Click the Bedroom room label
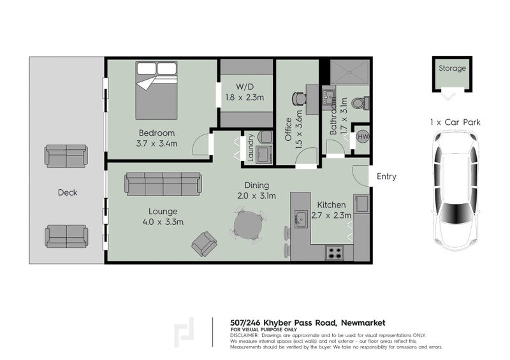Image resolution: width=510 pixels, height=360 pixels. (x=157, y=133)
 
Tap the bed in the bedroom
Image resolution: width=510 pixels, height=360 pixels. (x=156, y=90)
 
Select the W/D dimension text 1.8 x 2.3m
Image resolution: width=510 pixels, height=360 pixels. (x=245, y=97)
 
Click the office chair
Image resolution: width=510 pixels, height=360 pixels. (x=299, y=99)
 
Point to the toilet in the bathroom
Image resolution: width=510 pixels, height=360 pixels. (x=361, y=103)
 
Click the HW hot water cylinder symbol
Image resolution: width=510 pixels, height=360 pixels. (x=363, y=136)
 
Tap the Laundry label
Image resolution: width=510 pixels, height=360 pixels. (x=250, y=148)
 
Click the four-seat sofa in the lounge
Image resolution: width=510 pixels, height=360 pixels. (x=163, y=184)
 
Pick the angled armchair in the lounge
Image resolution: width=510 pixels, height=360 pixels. (x=204, y=243)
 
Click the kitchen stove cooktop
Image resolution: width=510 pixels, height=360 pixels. (x=335, y=252)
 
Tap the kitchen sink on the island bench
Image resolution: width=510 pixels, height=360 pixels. (x=301, y=219)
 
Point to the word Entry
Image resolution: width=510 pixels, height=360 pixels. (x=386, y=176)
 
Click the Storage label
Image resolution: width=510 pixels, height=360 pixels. (x=452, y=68)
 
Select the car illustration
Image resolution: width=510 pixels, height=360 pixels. (x=455, y=191)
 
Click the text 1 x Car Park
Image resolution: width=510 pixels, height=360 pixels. (x=455, y=122)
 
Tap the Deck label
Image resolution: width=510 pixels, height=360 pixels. (x=68, y=192)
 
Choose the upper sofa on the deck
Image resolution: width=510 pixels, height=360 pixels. (x=66, y=156)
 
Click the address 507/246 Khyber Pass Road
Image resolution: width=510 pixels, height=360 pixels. (x=283, y=322)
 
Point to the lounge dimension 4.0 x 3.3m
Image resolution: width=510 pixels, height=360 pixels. (x=163, y=222)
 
